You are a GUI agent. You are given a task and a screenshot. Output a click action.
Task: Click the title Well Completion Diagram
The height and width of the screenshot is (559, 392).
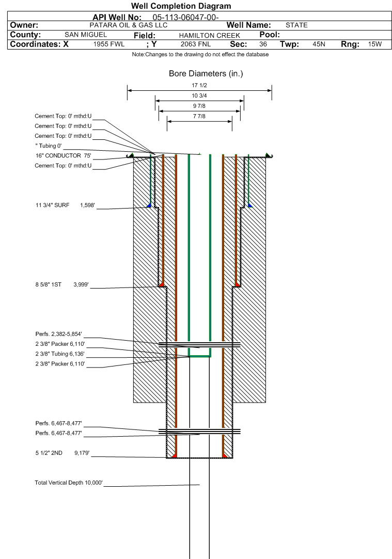click(181, 6)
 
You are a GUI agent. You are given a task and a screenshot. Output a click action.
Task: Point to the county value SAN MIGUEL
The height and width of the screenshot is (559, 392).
click(86, 35)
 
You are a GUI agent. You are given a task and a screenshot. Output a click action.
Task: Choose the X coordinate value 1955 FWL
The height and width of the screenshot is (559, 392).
click(109, 44)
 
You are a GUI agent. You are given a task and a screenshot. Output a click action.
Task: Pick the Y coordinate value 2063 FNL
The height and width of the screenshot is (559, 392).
click(195, 44)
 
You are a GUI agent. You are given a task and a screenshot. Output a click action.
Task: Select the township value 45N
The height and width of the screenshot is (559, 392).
click(319, 44)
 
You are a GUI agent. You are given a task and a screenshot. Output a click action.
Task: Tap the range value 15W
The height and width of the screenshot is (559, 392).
click(374, 44)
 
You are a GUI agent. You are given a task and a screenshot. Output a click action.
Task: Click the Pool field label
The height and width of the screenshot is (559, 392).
click(269, 35)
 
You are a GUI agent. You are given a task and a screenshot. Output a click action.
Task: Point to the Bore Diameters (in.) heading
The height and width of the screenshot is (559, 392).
click(206, 74)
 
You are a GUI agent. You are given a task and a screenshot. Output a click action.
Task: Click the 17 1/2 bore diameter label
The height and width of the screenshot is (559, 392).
click(199, 85)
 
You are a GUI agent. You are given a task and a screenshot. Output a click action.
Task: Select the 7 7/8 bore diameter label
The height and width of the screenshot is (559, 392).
click(199, 116)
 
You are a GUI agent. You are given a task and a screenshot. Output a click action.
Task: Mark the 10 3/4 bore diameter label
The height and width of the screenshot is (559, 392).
click(199, 95)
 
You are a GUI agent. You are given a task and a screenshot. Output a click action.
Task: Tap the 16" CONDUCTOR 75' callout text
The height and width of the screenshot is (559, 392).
click(63, 155)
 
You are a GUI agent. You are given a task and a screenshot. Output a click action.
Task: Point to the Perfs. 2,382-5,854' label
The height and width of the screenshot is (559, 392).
click(58, 334)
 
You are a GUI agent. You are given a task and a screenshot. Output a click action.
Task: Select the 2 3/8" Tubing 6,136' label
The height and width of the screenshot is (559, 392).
click(59, 354)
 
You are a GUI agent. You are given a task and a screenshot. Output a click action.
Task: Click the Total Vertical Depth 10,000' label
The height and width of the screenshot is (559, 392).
click(69, 483)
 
